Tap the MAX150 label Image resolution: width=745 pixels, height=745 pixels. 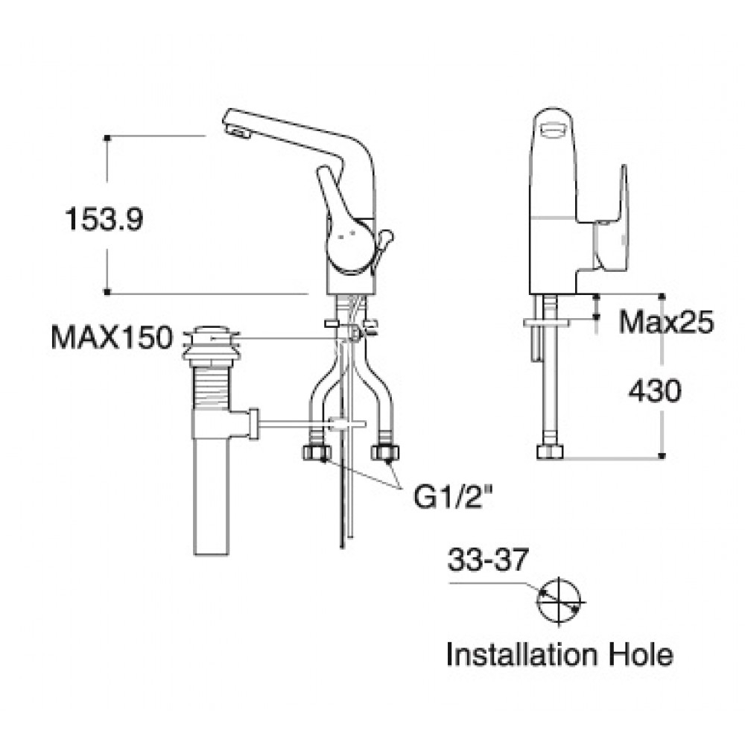click(111, 337)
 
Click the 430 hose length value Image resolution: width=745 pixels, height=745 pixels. click(654, 391)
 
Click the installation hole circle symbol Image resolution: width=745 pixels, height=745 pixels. click(560, 601)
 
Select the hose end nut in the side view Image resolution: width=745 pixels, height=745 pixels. click(551, 452)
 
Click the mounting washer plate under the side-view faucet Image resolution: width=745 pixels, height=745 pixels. click(548, 323)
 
